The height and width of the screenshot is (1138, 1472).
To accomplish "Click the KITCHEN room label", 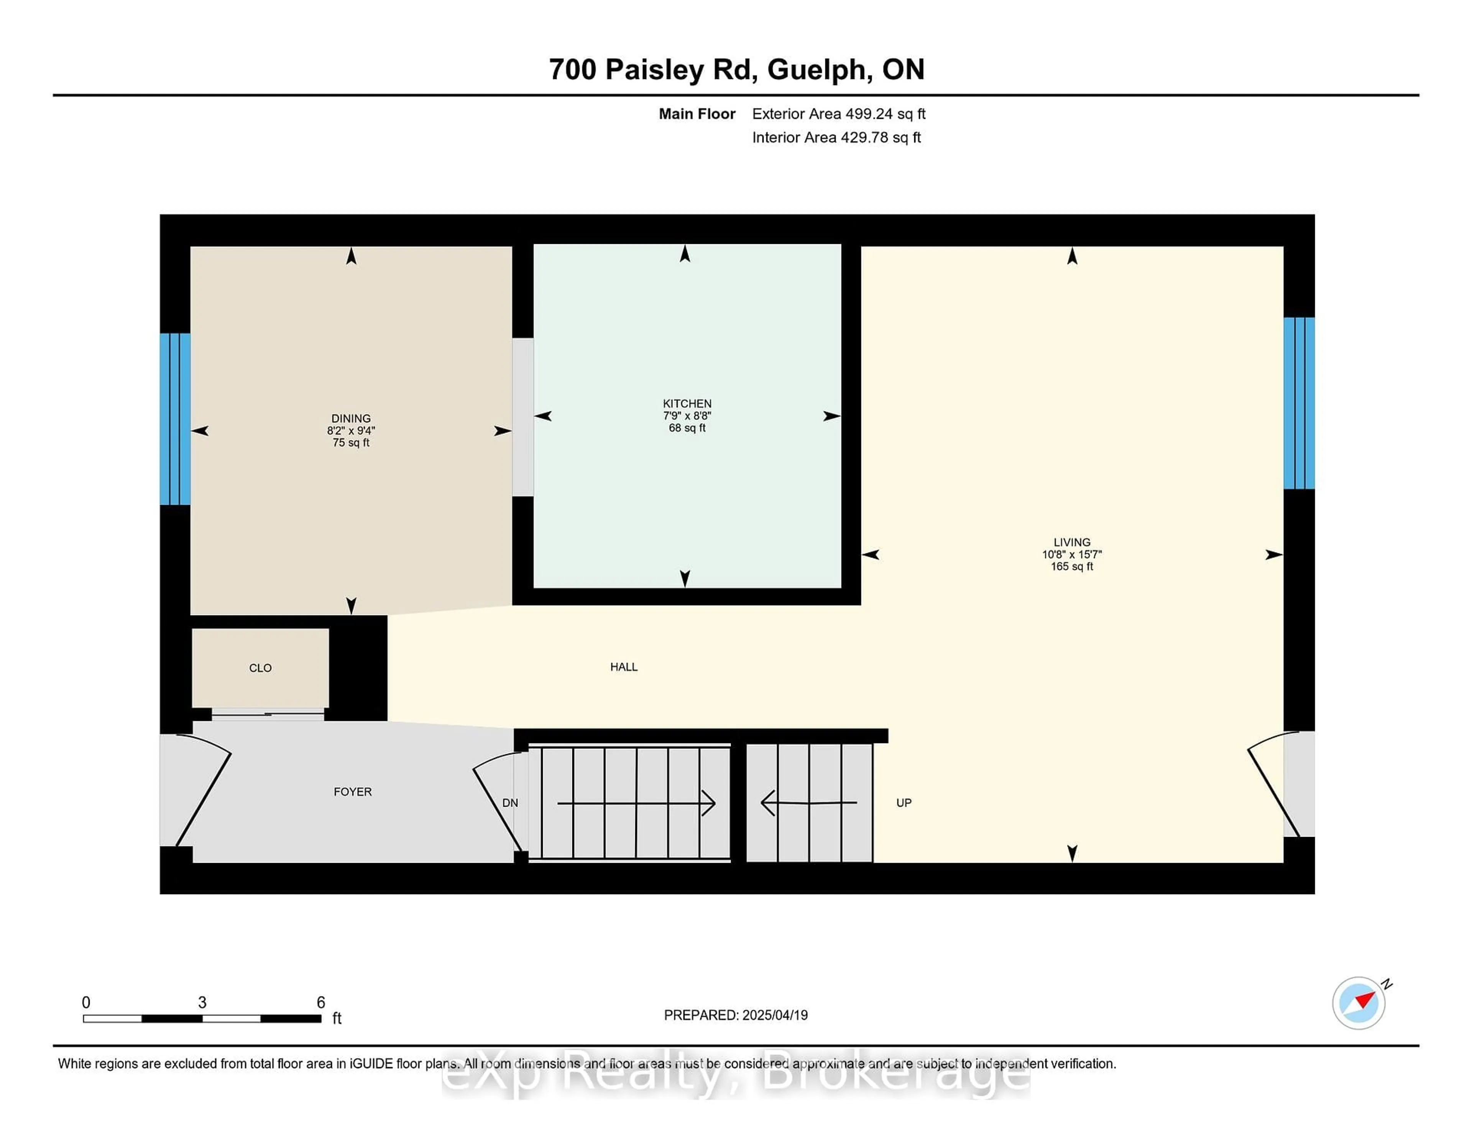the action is coord(687,403).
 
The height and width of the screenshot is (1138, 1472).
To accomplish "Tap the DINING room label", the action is coord(350,418).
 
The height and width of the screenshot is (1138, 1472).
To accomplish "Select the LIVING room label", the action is coord(1072,542).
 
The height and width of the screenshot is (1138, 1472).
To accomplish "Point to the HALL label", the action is coord(623,667).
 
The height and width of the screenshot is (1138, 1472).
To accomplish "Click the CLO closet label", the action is coord(260,668).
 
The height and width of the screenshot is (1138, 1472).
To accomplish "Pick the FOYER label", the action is coord(353,791).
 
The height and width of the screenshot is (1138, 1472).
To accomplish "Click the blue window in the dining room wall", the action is coord(175,419).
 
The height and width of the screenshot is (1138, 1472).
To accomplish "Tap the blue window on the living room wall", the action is coord(1299,403).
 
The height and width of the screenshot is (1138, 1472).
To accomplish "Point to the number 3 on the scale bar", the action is coord(202,1003).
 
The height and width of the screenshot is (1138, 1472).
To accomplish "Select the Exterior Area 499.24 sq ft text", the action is coord(839,114).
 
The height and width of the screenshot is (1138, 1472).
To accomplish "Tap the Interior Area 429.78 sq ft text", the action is coord(836,138).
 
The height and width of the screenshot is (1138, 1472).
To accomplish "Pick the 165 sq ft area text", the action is coord(1072,566).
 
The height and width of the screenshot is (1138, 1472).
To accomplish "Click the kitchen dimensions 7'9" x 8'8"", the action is coord(687,415).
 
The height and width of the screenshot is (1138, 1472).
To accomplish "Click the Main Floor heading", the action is coord(697,114).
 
